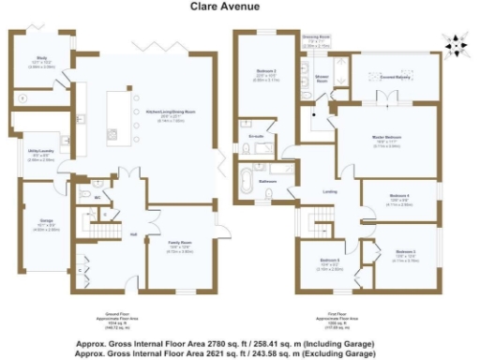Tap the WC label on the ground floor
(97, 198)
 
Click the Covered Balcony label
(393, 78)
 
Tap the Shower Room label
(320, 81)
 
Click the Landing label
(329, 192)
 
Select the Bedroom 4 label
(400, 197)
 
